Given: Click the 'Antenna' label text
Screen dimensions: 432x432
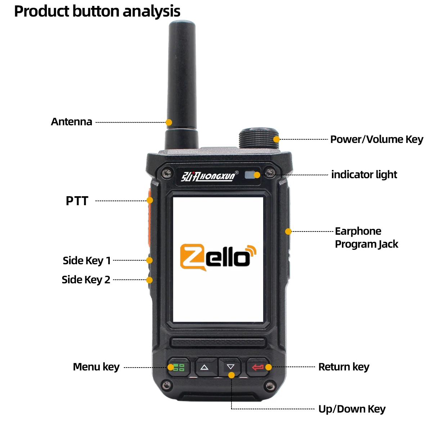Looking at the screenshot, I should [71, 122].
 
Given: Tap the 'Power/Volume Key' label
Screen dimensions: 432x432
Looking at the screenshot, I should [377, 139].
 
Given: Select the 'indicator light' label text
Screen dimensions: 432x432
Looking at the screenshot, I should [364, 175].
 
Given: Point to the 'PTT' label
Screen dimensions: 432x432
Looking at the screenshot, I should [77, 201].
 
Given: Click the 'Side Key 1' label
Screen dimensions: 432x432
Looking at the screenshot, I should [86, 260].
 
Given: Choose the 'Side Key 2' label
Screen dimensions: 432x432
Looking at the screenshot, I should [86, 280].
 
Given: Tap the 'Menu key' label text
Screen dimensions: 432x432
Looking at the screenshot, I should [96, 367].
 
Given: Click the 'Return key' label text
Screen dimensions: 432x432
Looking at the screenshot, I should [344, 367].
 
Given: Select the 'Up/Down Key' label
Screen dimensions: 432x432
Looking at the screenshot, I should [352, 409].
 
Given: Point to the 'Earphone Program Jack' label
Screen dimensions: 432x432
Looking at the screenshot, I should [366, 238].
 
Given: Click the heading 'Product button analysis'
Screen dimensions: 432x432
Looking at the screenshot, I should [97, 11].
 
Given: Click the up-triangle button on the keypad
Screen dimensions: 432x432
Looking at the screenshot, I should [204, 367].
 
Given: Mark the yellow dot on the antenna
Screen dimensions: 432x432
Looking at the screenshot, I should [169, 122].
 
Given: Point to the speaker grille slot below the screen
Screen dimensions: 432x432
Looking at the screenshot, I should [218, 342].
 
